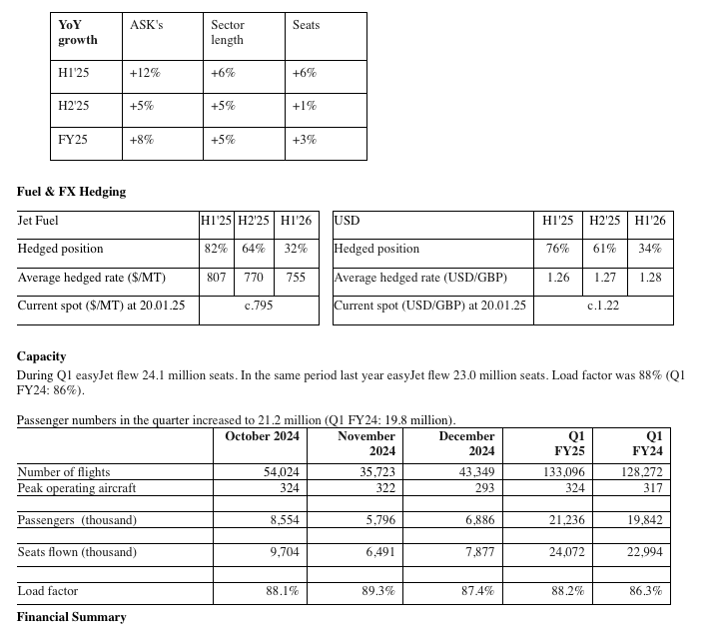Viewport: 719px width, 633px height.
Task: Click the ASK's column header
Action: click(x=146, y=25)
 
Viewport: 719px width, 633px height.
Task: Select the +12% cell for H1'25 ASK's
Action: click(x=145, y=73)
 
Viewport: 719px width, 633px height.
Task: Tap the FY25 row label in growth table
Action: click(x=73, y=140)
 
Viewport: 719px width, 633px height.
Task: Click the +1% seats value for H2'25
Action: click(x=305, y=106)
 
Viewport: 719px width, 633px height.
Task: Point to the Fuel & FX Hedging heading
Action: click(x=72, y=191)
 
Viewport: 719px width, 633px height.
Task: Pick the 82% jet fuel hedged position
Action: click(x=216, y=249)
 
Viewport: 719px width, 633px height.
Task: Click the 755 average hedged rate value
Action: click(x=296, y=278)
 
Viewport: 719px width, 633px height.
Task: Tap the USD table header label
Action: click(x=347, y=220)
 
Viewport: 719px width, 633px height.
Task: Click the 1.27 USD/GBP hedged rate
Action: click(x=604, y=278)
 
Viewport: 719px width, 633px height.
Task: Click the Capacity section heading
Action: click(x=41, y=355)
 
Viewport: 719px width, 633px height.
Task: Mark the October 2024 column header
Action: click(x=263, y=436)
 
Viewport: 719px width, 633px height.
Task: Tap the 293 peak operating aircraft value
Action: click(x=484, y=488)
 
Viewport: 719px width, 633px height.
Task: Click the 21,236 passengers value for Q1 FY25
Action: click(x=566, y=520)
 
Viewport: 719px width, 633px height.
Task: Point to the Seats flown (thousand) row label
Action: click(x=77, y=552)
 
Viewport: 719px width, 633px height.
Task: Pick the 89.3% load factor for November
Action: click(x=378, y=591)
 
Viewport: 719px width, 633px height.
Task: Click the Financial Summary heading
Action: click(x=72, y=617)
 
